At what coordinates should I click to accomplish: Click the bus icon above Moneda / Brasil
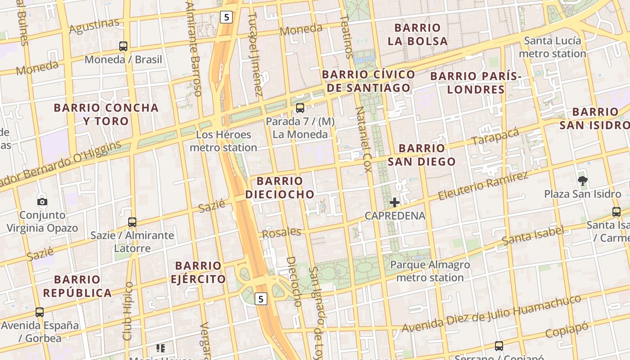tap(123, 46)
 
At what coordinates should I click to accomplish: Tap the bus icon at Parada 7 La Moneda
tap(300, 108)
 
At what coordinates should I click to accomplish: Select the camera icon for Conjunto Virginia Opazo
tap(42, 202)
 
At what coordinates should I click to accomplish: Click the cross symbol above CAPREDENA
tap(395, 202)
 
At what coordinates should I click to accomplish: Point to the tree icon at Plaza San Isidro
tap(583, 181)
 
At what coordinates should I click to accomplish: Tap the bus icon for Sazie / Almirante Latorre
tap(132, 222)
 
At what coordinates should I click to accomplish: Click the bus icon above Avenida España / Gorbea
tap(40, 312)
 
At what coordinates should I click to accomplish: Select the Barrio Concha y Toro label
tap(106, 114)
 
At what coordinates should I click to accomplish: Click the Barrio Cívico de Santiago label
tap(369, 81)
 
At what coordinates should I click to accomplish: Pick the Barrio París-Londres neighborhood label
tap(476, 83)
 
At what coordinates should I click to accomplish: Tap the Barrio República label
tap(77, 286)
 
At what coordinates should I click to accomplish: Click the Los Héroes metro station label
tap(223, 141)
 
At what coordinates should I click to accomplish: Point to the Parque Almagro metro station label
tap(430, 271)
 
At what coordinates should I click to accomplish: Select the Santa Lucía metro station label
tap(553, 47)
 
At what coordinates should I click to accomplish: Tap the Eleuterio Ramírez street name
tap(483, 185)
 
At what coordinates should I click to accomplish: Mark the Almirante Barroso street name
tap(193, 49)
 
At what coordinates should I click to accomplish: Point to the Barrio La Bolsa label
tap(418, 34)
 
